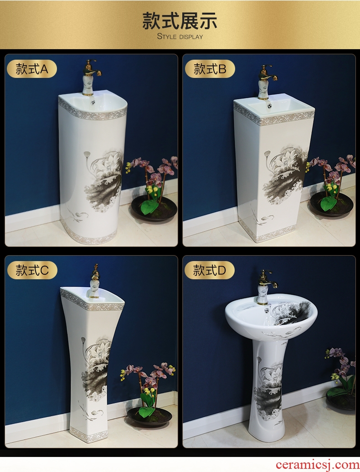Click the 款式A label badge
[x=31, y=69]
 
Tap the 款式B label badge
[x=210, y=69]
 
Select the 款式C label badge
[x=32, y=270]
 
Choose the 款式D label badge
[x=209, y=270]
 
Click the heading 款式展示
[x=180, y=21]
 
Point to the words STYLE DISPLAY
[x=180, y=37]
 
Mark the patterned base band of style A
[x=87, y=235]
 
